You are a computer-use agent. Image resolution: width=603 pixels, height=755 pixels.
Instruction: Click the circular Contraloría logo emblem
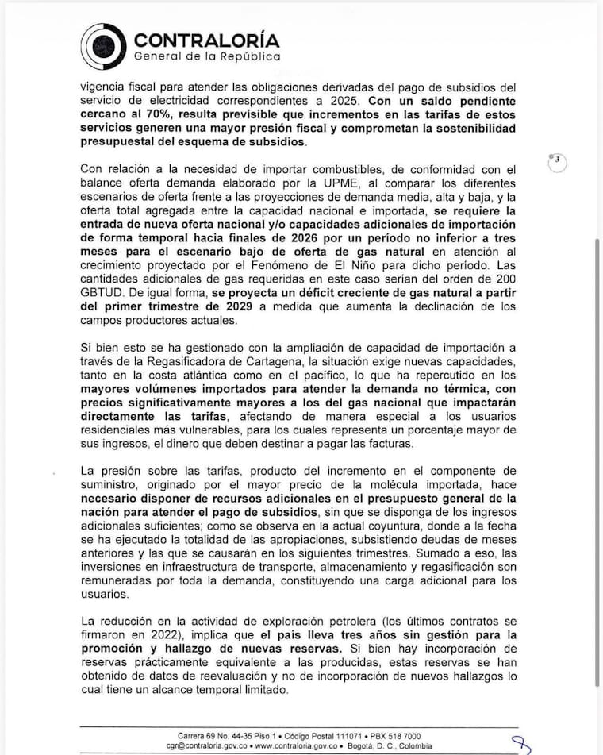[104, 45]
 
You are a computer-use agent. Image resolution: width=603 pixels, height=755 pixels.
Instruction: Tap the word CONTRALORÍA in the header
[207, 40]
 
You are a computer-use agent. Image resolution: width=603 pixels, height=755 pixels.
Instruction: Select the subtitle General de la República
[207, 57]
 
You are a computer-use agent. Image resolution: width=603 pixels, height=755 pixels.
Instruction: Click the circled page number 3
[559, 160]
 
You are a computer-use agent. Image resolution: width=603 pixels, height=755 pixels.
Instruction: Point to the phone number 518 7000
[402, 736]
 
